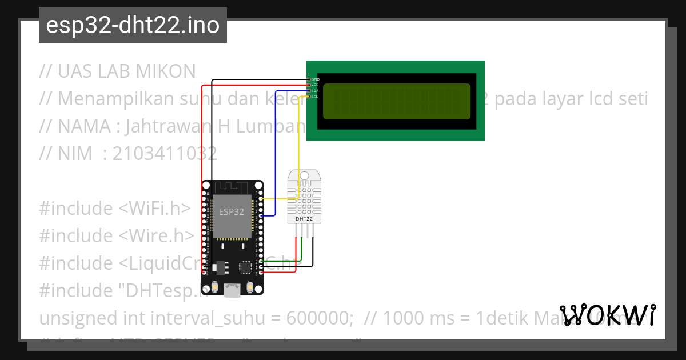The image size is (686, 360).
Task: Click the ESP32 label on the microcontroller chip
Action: pos(232,211)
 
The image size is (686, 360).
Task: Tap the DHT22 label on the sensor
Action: pos(304,219)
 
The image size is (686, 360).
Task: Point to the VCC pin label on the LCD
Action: pos(315,85)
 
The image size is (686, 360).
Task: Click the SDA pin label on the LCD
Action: pos(315,90)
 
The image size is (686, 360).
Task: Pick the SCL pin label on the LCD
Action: pos(315,97)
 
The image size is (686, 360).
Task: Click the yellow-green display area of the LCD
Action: pos(397,101)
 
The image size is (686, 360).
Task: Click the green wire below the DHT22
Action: pos(302,251)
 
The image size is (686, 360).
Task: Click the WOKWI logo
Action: pos(607,315)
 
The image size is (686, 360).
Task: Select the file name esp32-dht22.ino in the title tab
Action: pos(133,26)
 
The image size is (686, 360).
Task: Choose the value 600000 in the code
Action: pos(318,318)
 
